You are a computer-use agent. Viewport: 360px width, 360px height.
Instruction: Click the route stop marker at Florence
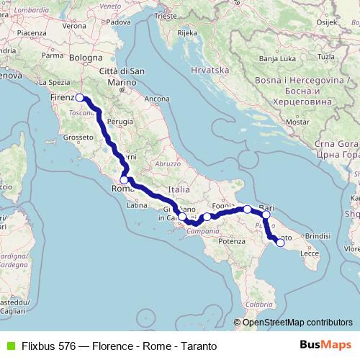click(80, 99)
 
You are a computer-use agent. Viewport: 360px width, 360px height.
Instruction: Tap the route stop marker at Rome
click(124, 180)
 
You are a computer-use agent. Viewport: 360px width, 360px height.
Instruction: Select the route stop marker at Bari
click(266, 215)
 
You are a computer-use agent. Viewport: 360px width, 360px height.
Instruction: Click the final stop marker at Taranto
click(281, 243)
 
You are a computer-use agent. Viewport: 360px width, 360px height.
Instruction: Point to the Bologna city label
click(86, 58)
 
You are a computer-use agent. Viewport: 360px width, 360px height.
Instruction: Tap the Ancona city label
click(157, 98)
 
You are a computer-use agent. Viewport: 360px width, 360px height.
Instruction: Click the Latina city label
click(137, 205)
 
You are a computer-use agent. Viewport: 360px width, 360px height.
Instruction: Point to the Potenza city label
click(232, 241)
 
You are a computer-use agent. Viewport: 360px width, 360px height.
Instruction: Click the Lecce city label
click(310, 253)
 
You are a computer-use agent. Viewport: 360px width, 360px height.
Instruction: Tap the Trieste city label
click(165, 15)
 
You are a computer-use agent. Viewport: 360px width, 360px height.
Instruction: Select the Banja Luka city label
click(274, 58)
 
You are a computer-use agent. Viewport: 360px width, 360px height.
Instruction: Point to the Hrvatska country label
click(210, 70)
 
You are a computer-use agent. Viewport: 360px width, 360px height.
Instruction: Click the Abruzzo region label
click(167, 163)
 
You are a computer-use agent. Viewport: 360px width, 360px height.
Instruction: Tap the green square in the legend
click(10, 346)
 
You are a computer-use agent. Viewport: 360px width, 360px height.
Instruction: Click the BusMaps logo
click(330, 346)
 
